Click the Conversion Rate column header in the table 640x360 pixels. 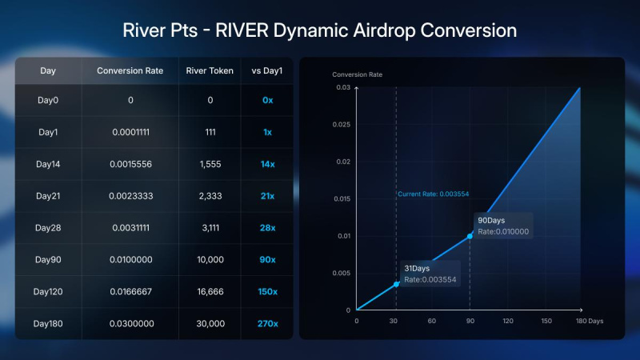pos(130,70)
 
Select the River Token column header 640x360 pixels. pos(210,70)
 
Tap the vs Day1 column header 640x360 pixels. pos(267,70)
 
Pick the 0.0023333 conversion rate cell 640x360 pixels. pos(130,196)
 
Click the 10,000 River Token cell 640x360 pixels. pos(210,259)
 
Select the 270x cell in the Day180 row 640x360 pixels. pos(267,323)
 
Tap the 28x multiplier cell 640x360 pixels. pos(267,228)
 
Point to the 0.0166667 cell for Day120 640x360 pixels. pos(130,291)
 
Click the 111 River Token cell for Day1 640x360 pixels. pos(210,131)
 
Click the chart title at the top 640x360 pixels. pos(319,30)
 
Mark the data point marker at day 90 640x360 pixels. pos(470,236)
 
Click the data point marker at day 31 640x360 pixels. pos(396,284)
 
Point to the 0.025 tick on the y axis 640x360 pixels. pos(341,124)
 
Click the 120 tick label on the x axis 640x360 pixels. pos(507,321)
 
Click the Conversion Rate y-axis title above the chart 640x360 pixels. pos(357,74)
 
